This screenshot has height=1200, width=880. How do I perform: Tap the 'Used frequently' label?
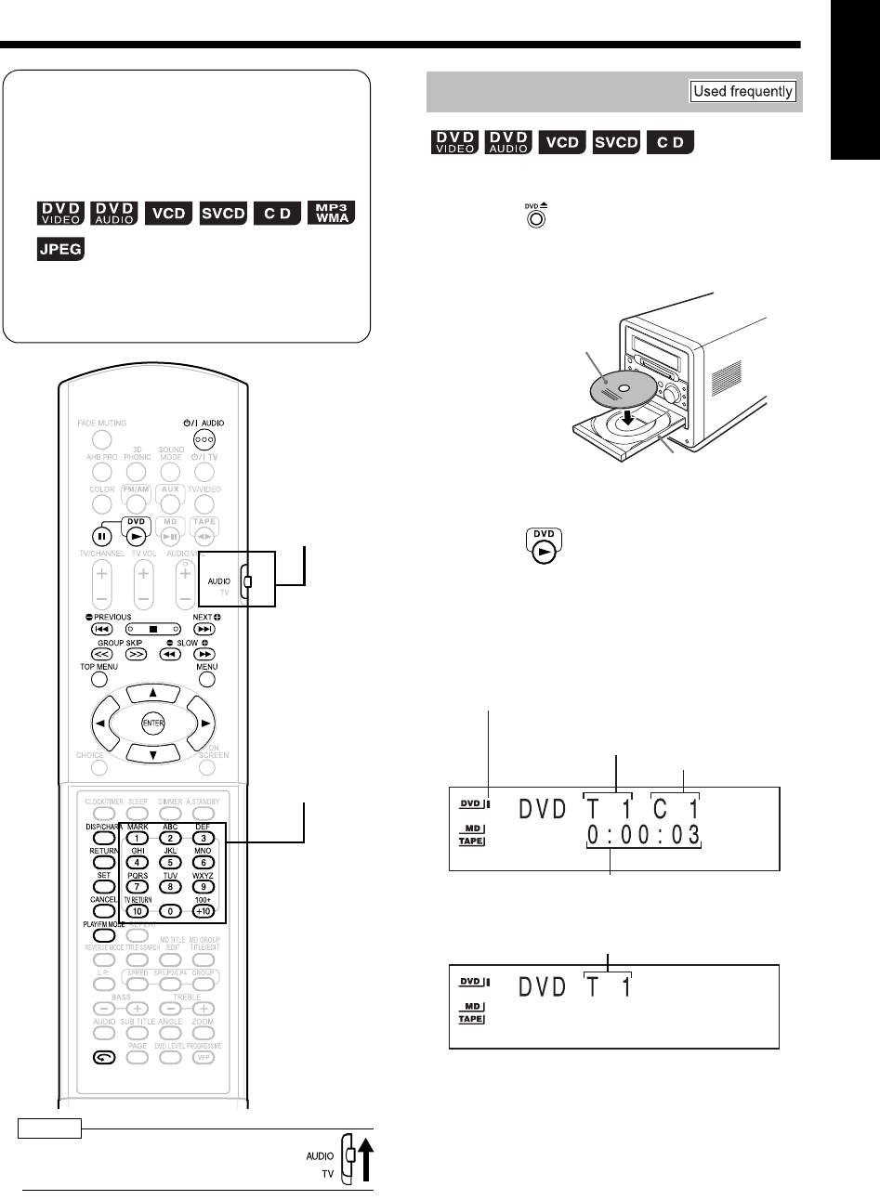(x=742, y=91)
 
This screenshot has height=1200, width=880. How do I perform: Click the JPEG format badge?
(x=60, y=249)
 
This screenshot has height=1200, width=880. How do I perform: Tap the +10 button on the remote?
(x=204, y=911)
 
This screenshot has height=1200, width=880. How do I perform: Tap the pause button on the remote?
(x=100, y=537)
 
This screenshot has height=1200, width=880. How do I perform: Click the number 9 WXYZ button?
(x=204, y=886)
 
